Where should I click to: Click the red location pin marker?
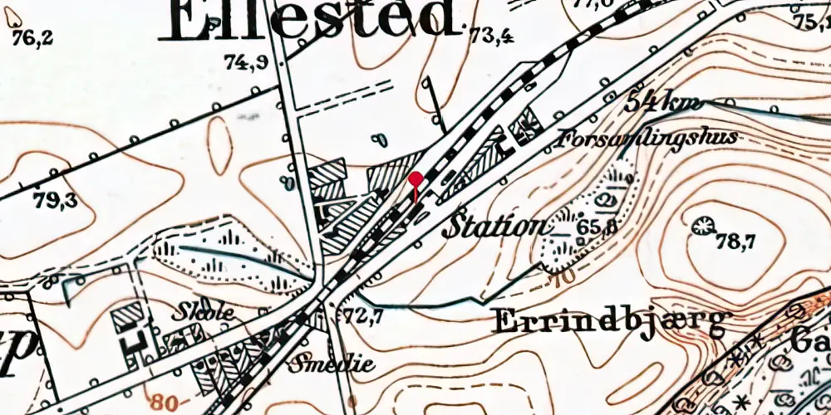[415, 179]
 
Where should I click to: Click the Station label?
[495, 226]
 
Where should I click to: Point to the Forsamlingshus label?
[648, 137]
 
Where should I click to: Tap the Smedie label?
[332, 364]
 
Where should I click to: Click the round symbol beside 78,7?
[703, 224]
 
